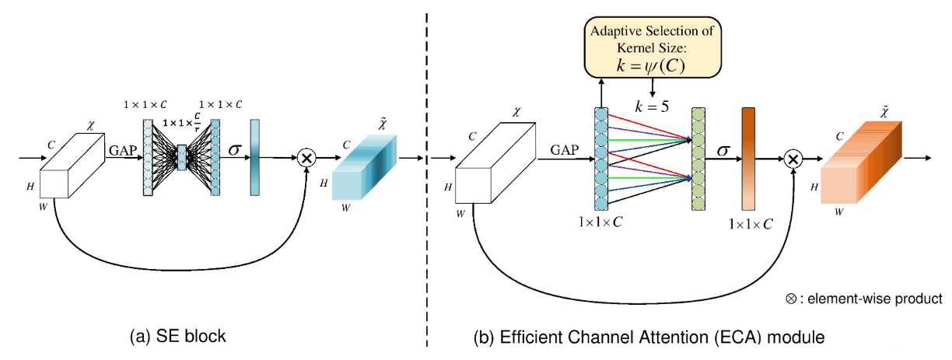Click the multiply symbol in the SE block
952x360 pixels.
click(306, 157)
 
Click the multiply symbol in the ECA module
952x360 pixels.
click(793, 159)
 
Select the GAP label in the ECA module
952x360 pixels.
click(565, 150)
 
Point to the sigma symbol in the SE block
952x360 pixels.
click(232, 149)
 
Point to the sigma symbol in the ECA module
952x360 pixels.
click(723, 149)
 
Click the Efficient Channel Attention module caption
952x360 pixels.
click(649, 337)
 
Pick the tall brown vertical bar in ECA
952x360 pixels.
click(749, 159)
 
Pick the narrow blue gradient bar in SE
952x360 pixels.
click(254, 157)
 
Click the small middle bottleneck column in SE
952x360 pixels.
click(183, 157)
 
